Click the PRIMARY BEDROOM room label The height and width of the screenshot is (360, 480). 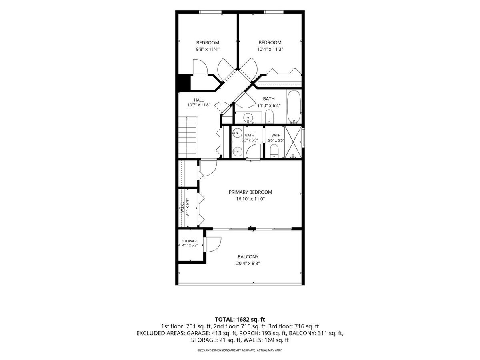[250, 192]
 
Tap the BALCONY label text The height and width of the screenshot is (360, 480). [248, 257]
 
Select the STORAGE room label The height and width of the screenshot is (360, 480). [190, 241]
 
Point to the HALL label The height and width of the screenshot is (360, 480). [199, 100]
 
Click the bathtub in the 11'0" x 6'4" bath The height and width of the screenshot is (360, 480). [294, 107]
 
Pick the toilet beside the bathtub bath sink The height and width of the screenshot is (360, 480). [269, 116]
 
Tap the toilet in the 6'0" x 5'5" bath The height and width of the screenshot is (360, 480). [274, 151]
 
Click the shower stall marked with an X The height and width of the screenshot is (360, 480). [293, 142]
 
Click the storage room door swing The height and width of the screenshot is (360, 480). [213, 244]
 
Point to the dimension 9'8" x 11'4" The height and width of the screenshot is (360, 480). [208, 49]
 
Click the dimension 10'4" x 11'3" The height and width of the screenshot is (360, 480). [270, 49]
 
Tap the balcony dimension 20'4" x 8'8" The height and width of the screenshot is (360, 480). [248, 263]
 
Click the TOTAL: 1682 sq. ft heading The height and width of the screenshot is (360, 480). [240, 319]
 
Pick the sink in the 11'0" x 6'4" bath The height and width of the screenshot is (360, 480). [248, 117]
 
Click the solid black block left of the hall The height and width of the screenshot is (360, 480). [184, 83]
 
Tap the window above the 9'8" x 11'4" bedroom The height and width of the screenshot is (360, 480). [210, 12]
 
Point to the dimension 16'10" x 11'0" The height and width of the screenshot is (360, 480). [250, 199]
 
